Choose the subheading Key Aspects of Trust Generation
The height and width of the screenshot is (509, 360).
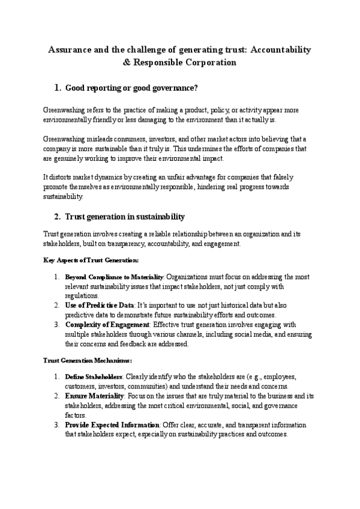pyautogui.click(x=91, y=260)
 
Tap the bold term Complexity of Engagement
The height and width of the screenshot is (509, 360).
pyautogui.click(x=107, y=325)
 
